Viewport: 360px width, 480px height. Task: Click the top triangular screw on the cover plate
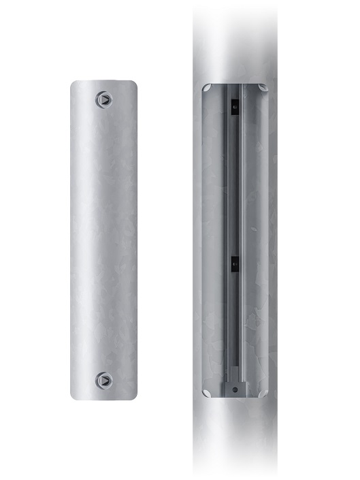103,99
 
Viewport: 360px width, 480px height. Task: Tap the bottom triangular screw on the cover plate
103,380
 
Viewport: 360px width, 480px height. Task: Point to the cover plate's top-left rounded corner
74,84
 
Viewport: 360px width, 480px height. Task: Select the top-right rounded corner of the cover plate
134,84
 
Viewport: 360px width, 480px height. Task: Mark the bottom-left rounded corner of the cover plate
74,395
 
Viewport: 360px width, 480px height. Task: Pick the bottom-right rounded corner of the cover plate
134,395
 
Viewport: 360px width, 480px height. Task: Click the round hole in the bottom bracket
235,390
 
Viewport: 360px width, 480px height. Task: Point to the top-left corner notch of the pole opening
208,89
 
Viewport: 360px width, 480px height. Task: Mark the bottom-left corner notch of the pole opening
208,391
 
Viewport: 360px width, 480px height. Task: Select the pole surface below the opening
235,436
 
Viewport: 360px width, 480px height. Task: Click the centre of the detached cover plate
104,240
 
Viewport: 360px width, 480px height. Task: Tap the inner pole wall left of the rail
214,238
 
